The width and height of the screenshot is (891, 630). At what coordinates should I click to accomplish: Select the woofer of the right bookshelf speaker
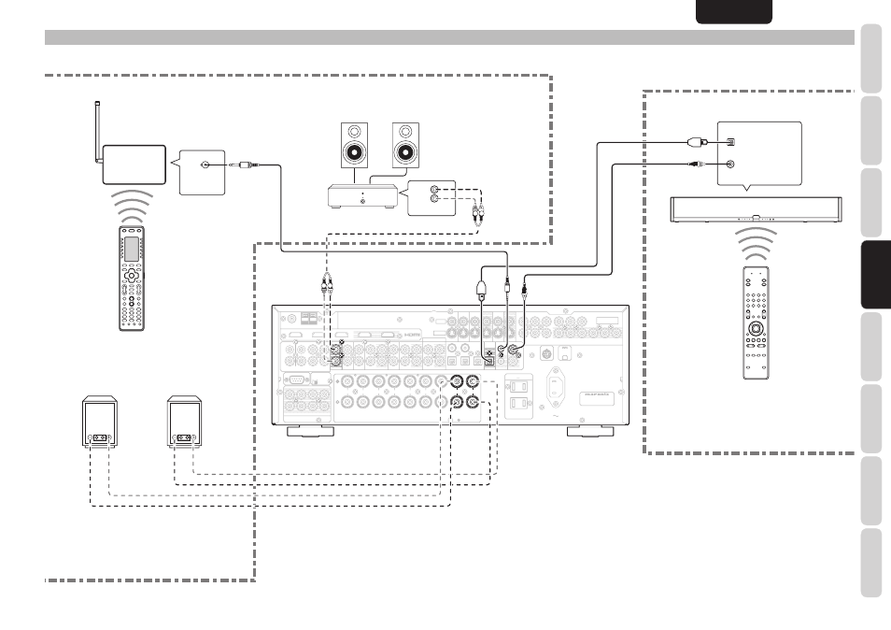(x=406, y=153)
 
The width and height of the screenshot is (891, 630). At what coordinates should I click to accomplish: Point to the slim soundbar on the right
(x=756, y=209)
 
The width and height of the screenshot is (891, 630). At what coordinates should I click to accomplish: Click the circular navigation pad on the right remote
(x=757, y=332)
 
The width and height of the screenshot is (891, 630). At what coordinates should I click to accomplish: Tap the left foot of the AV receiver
(x=312, y=431)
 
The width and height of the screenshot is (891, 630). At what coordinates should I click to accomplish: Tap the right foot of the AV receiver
(x=590, y=431)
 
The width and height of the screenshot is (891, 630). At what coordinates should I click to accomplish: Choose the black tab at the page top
(x=734, y=11)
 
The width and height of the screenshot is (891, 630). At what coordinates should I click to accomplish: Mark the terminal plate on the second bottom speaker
(x=184, y=437)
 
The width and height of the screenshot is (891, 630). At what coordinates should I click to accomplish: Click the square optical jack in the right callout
(x=730, y=142)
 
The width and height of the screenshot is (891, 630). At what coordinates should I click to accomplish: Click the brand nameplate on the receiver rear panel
(x=601, y=394)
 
